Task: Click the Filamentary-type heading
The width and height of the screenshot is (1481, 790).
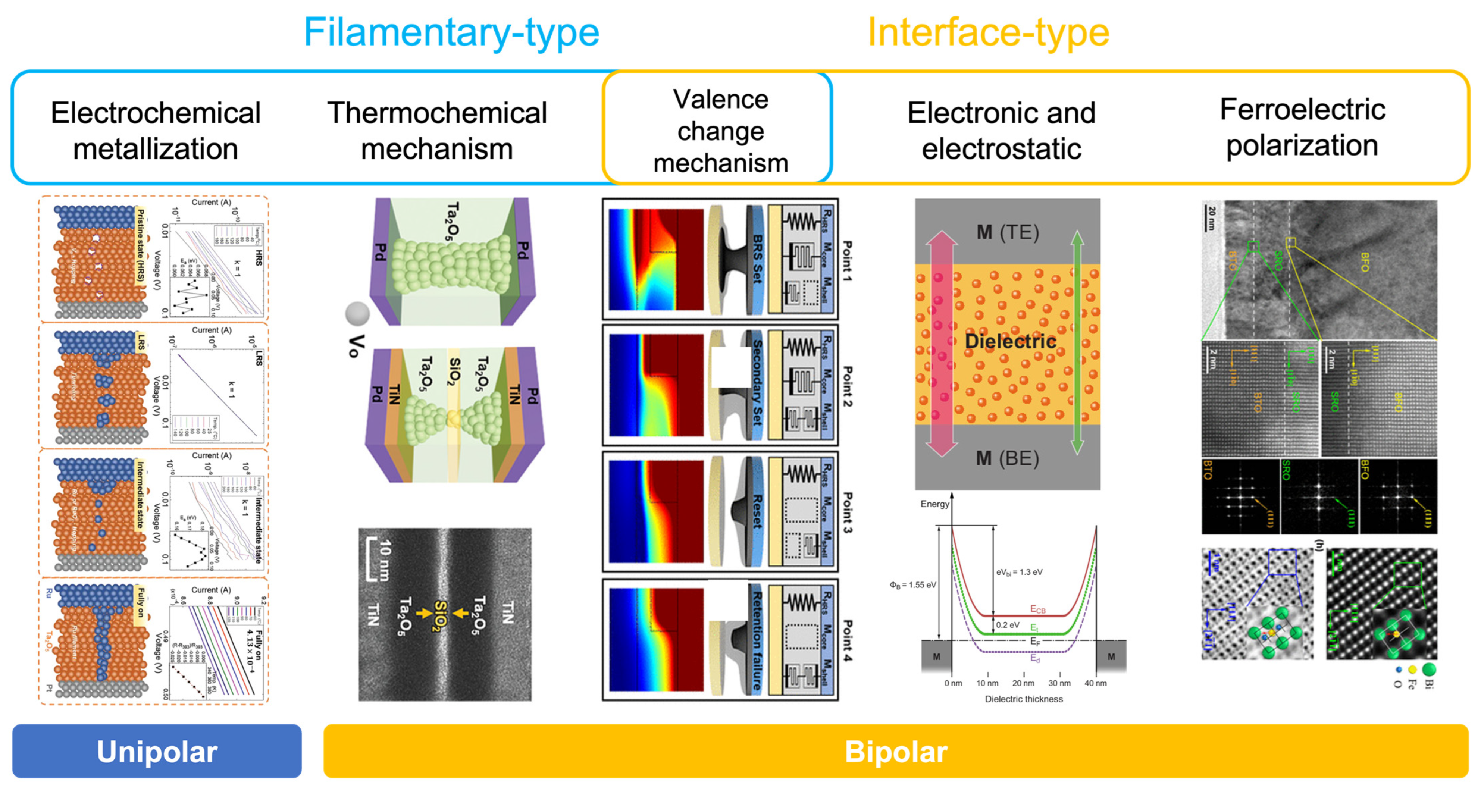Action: (x=451, y=33)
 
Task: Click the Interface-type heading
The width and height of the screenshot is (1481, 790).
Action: (x=988, y=33)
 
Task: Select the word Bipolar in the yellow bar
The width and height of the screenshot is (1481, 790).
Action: (x=895, y=751)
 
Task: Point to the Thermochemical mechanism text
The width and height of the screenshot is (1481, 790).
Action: (x=437, y=131)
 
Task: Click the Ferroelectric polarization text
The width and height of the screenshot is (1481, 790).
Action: (x=1302, y=127)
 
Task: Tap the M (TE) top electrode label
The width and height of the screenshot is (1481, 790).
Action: (x=1007, y=232)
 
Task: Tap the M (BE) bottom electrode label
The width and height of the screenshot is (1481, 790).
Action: (x=1007, y=458)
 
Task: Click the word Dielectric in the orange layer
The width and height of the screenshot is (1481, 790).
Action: (x=1010, y=341)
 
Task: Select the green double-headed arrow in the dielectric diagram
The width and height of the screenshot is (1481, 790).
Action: (x=1077, y=343)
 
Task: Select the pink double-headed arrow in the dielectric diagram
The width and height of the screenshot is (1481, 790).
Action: (x=940, y=343)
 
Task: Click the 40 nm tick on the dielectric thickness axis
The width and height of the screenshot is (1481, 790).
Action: (x=1095, y=683)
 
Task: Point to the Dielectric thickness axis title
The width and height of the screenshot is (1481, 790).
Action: (x=1023, y=699)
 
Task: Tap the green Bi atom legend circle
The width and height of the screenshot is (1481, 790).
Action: (x=1429, y=669)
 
